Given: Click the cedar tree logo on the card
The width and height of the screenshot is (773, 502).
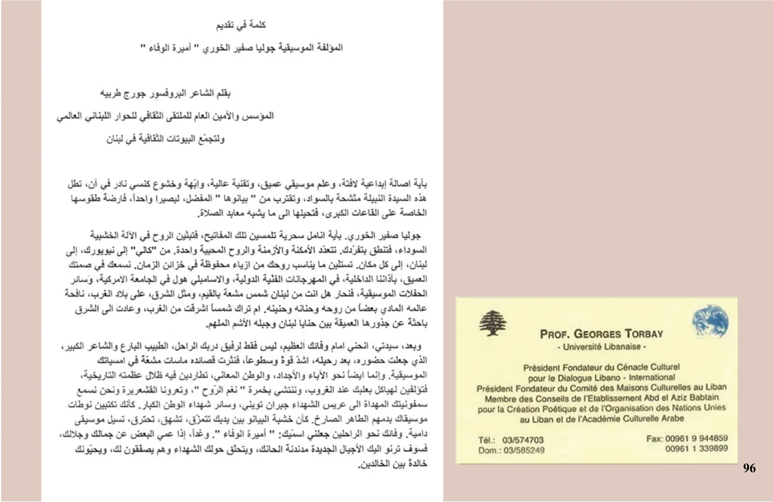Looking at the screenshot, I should click(493, 323).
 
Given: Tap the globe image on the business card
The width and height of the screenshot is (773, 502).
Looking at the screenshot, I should click(710, 321).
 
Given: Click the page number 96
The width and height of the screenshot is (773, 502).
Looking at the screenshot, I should click(749, 468).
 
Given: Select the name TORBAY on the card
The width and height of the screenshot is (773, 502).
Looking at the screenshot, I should click(644, 334).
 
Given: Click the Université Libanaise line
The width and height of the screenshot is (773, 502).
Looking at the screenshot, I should click(601, 347).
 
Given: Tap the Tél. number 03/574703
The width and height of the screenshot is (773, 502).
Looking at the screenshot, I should click(523, 440).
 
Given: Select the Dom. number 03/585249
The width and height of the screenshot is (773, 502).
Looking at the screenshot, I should click(524, 450).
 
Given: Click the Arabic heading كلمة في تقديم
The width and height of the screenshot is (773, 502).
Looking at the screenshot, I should click(241, 25).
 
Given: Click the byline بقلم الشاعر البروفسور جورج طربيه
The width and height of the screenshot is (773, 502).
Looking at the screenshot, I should click(165, 94).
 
